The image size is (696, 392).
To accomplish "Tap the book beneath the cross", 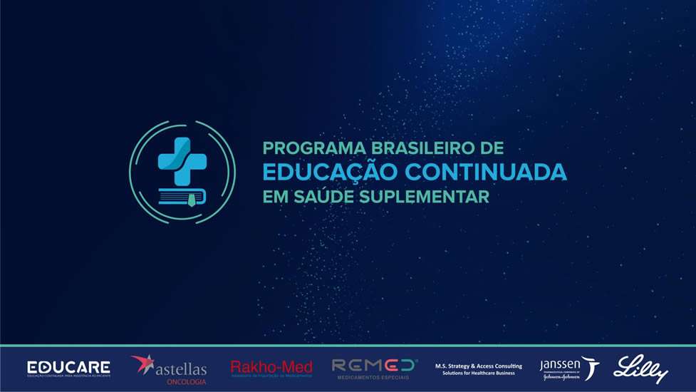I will (x=182, y=196).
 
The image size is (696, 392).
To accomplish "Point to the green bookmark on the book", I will (x=193, y=202).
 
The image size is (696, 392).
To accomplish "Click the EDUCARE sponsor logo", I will (x=68, y=368).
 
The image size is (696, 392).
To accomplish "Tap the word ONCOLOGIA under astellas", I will (x=186, y=382).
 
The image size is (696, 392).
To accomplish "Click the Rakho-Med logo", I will (x=271, y=368).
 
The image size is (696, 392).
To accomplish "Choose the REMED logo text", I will (x=374, y=365).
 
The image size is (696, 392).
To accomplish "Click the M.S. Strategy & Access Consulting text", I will (x=478, y=366).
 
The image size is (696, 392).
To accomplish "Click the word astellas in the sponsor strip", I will (x=182, y=369).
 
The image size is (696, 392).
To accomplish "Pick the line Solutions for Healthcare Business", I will (x=478, y=373).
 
